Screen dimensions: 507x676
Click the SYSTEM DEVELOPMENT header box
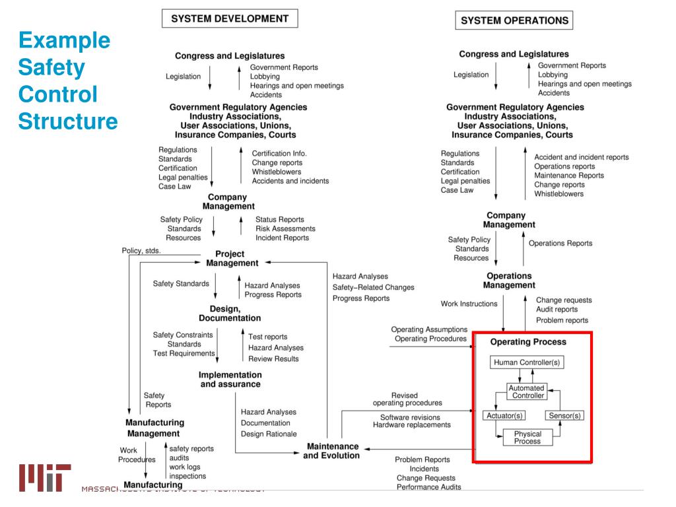(x=229, y=18)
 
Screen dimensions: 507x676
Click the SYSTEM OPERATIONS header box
(x=514, y=20)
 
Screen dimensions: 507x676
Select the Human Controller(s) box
(x=528, y=362)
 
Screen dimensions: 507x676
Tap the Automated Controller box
(x=527, y=391)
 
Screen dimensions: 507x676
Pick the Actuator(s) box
(x=505, y=415)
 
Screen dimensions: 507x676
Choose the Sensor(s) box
(x=565, y=415)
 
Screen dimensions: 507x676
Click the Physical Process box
(x=527, y=437)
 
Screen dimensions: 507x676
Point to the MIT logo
(x=45, y=477)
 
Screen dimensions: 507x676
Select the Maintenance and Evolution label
(x=331, y=451)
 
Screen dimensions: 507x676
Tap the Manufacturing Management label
(x=155, y=428)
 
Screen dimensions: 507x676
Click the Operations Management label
(x=509, y=281)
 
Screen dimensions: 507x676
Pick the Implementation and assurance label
(x=229, y=379)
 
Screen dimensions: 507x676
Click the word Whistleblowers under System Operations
(x=558, y=194)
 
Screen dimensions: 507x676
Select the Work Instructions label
(x=469, y=304)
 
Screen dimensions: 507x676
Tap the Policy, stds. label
(x=141, y=251)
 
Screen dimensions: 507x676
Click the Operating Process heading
(x=528, y=342)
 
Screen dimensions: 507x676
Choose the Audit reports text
(x=557, y=309)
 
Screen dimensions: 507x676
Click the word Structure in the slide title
(x=67, y=121)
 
